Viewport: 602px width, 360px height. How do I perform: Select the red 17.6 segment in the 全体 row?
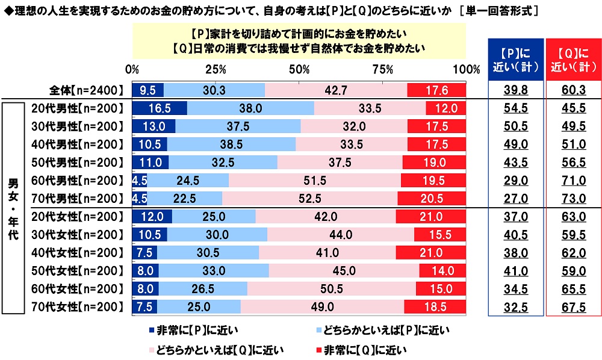click(436, 90)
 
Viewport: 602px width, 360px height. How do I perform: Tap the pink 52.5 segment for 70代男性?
click(309, 199)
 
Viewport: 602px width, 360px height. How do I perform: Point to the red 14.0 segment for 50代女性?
click(442, 270)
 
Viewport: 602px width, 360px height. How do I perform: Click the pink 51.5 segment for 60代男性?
click(315, 181)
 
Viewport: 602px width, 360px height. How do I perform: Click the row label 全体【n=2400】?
click(87, 90)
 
